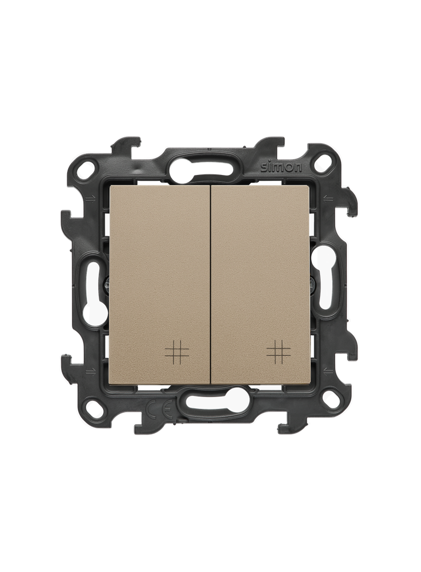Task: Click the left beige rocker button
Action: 159,284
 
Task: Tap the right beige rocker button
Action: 261,284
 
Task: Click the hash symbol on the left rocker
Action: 177,351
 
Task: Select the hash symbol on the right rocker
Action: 279,351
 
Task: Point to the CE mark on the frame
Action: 159,411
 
